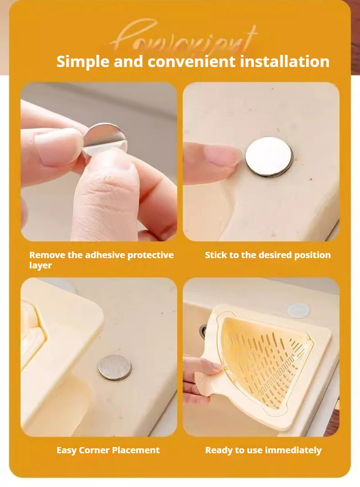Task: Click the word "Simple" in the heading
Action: (x=82, y=62)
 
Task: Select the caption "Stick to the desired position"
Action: (x=268, y=255)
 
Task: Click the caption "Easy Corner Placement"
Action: (x=108, y=450)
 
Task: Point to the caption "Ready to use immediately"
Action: (x=263, y=450)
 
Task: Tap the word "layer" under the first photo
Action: (x=40, y=265)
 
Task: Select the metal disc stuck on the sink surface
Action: (x=269, y=156)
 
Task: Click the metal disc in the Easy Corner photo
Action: (x=115, y=367)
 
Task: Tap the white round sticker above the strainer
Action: (x=298, y=310)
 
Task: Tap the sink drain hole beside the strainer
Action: (x=204, y=331)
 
